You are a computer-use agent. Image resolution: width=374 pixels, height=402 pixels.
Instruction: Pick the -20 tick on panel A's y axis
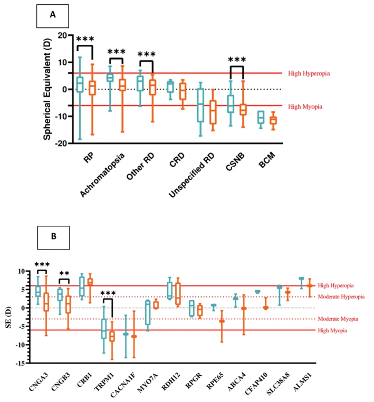[62, 143]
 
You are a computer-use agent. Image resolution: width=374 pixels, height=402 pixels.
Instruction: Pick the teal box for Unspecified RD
[200, 106]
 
